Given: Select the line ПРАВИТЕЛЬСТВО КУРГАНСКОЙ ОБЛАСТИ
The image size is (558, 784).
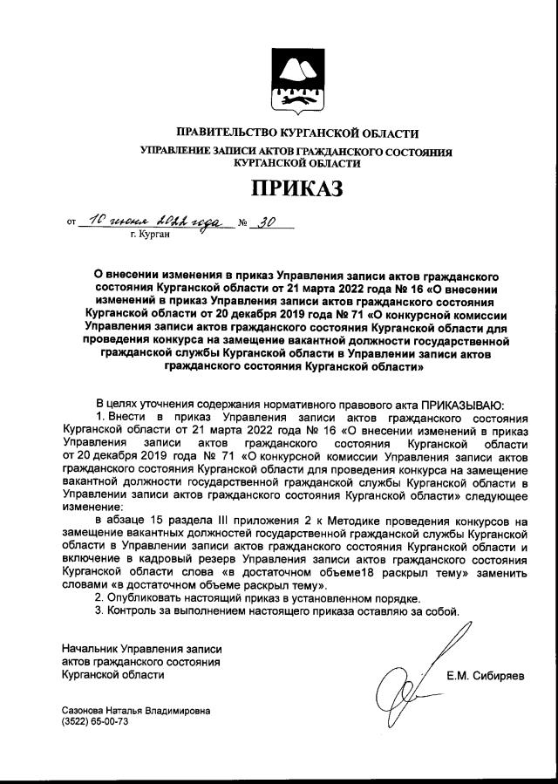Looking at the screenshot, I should [x=296, y=133].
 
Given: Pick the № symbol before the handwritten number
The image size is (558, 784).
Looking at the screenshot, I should [x=243, y=223].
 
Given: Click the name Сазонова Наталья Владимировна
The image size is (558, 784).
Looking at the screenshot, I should [x=136, y=711].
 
